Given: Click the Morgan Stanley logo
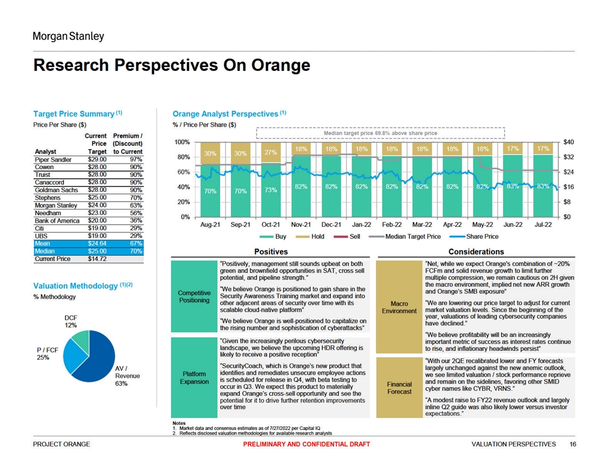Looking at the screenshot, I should pos(69,37).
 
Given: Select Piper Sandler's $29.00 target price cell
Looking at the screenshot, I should pos(97,160).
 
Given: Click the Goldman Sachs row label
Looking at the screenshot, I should pos(56,190).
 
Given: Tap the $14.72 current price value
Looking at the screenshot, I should pos(97,259).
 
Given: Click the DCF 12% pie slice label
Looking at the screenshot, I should pos(71,321).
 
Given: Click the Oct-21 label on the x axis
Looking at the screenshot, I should pos(271,225).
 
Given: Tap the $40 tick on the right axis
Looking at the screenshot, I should pos(568,142).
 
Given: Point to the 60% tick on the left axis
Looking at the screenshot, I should pos(183,172).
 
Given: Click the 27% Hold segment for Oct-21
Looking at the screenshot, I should pos(271,153).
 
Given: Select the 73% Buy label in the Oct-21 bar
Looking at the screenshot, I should pos(271,191).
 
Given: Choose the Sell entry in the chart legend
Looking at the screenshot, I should pos(352,237).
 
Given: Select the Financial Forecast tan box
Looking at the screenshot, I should pos(399,388).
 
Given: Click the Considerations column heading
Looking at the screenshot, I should pos(476,252).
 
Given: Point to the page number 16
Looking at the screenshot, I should pos(572,444).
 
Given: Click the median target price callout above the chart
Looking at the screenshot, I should pos(380,133).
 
